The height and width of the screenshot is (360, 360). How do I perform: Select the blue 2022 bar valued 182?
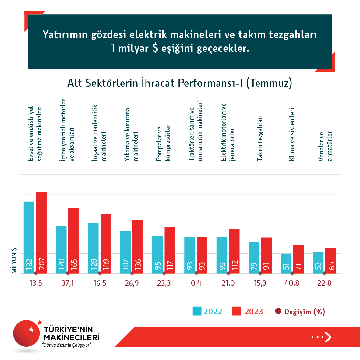click(29, 237)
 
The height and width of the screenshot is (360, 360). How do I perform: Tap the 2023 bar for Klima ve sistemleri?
click(298, 259)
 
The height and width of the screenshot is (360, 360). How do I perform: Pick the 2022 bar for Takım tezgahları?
click(254, 258)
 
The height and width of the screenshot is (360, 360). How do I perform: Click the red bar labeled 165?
click(73, 241)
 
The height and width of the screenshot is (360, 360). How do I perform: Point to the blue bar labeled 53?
click(318, 263)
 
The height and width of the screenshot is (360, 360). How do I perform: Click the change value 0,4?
click(196, 283)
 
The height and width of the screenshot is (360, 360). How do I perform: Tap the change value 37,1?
click(68, 283)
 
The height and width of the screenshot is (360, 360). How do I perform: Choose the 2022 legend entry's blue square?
click(197, 311)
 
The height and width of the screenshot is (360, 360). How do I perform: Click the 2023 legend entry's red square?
click(236, 311)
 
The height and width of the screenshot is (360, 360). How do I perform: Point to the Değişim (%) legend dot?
click(278, 311)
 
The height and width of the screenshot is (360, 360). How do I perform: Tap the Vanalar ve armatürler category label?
click(325, 146)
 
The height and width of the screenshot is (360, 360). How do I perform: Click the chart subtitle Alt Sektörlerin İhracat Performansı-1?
click(180, 83)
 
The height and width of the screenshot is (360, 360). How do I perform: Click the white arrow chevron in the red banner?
click(328, 337)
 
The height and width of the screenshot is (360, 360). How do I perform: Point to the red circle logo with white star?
click(27, 333)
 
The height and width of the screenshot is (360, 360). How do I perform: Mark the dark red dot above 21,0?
click(228, 273)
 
